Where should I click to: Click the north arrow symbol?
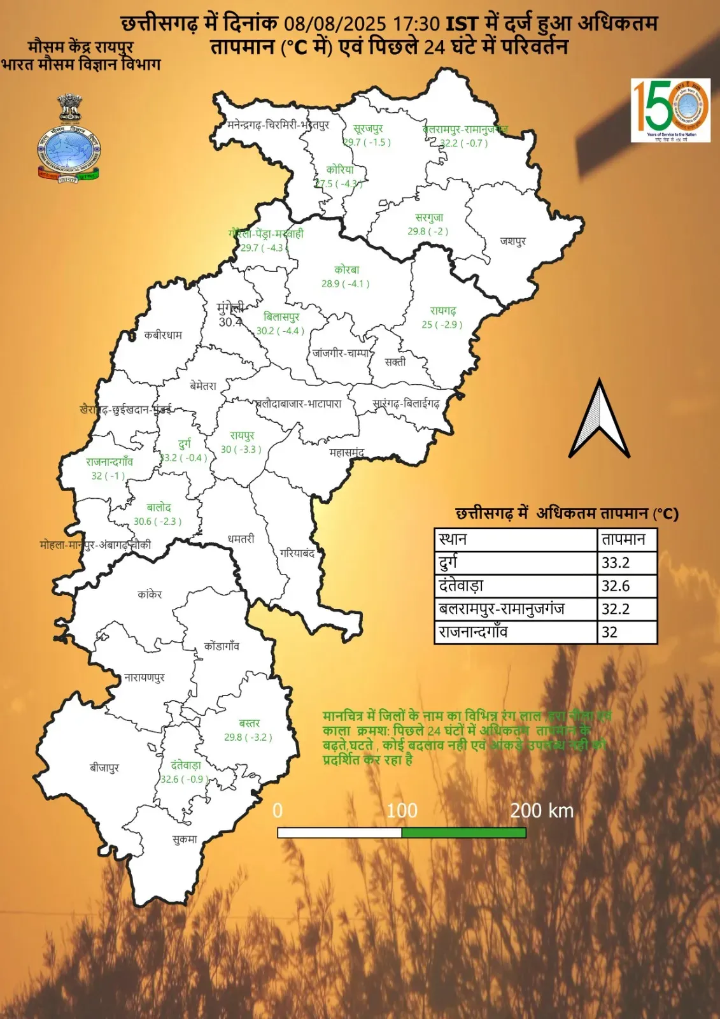(x=598, y=420)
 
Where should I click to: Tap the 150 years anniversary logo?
(x=670, y=110)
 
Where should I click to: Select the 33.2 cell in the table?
(x=626, y=563)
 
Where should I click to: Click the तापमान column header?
(x=626, y=540)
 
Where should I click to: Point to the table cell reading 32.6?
(x=626, y=586)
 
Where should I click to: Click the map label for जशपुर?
(x=513, y=241)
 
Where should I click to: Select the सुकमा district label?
(x=185, y=839)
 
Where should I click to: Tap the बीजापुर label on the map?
(x=104, y=767)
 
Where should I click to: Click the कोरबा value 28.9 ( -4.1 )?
(x=346, y=284)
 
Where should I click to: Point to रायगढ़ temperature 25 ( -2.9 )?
(x=442, y=325)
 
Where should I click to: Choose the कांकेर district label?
(x=150, y=594)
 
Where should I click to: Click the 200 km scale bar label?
(x=542, y=811)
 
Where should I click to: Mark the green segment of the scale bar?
(x=463, y=832)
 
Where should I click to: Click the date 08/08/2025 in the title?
(x=335, y=24)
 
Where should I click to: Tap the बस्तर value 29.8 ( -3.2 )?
(x=248, y=738)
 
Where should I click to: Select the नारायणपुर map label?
(x=145, y=677)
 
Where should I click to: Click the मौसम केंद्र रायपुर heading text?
(x=81, y=46)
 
